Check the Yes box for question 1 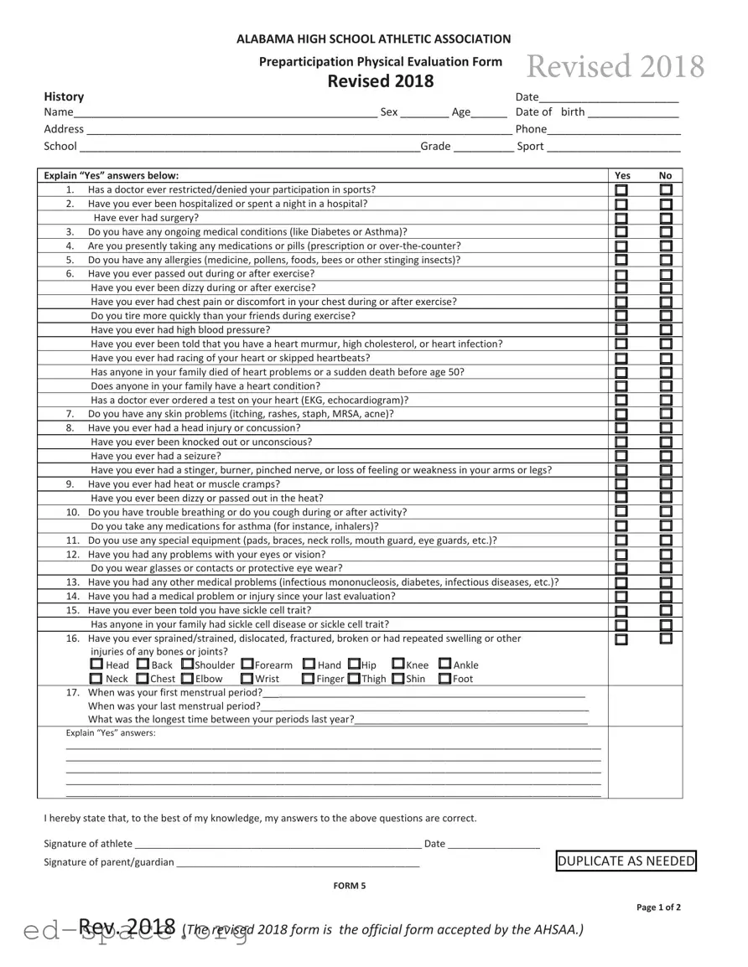tap(621, 190)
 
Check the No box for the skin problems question tap(666, 414)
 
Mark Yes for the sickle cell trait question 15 tap(621, 611)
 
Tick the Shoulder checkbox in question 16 tap(187, 665)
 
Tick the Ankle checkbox tap(444, 665)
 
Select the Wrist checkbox tap(247, 679)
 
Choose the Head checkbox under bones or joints tap(96, 665)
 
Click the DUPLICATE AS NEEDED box tap(626, 861)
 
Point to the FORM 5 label tap(349, 886)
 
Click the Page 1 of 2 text tap(658, 908)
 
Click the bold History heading tap(64, 96)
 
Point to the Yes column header tap(622, 176)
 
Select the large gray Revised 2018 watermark tap(615, 66)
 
